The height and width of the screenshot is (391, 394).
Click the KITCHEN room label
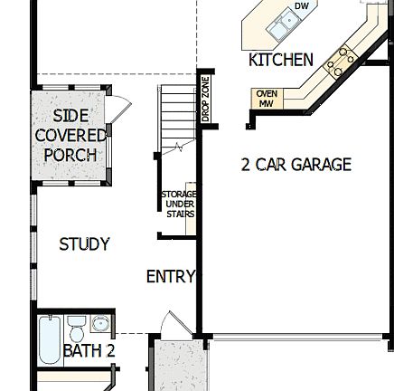click(x=280, y=60)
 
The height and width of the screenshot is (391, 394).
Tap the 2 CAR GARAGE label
click(x=295, y=165)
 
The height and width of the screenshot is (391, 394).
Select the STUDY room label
click(x=84, y=244)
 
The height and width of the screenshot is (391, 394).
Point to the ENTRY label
click(x=170, y=277)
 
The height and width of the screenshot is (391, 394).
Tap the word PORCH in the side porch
click(x=70, y=155)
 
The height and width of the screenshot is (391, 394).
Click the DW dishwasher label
click(x=301, y=5)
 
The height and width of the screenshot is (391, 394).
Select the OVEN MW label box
click(x=266, y=99)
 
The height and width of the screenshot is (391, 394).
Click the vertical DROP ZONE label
click(x=205, y=100)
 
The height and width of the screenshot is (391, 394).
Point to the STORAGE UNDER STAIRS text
click(x=178, y=204)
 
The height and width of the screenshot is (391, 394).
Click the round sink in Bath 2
click(x=100, y=323)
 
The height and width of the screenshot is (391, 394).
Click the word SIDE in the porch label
click(x=70, y=116)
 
